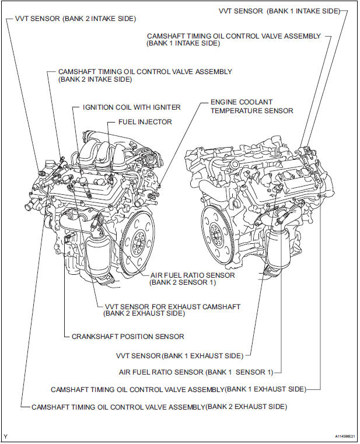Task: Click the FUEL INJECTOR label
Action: point(145,122)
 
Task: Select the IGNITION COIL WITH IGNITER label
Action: point(131,107)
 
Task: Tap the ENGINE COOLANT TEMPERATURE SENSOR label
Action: point(251,107)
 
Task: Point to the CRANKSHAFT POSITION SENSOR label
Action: point(128,336)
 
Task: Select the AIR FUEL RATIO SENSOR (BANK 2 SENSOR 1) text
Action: point(192,279)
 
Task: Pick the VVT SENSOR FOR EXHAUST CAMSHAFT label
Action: point(172,310)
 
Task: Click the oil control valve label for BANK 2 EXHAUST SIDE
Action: point(159,406)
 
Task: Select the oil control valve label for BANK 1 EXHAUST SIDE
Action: point(178,389)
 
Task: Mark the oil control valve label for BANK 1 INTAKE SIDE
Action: point(233,40)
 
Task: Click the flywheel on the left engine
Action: point(138,240)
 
